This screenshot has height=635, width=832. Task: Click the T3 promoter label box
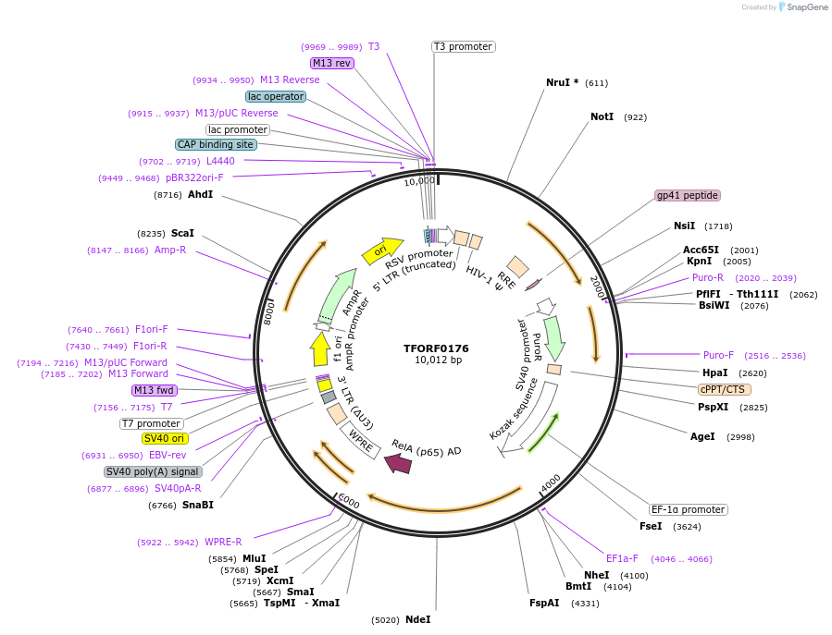click(463, 46)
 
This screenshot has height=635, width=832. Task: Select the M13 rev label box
click(331, 63)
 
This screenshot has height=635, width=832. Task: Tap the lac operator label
click(276, 96)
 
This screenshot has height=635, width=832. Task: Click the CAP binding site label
click(216, 144)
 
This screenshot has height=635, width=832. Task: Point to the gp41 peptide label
click(688, 195)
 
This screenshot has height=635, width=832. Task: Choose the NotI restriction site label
click(602, 117)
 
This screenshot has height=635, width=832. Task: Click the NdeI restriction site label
click(417, 619)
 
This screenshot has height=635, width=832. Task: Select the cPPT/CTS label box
click(725, 389)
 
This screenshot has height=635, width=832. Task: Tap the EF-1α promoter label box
click(688, 509)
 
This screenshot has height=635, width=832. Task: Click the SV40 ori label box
click(165, 438)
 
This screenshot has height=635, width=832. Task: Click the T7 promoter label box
click(151, 423)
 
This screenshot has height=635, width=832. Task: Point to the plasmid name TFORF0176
click(436, 348)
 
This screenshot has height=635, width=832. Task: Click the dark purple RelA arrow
click(399, 462)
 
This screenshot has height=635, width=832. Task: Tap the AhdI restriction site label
click(200, 195)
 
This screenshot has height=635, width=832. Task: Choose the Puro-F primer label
click(718, 355)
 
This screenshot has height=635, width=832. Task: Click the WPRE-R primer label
click(223, 542)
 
